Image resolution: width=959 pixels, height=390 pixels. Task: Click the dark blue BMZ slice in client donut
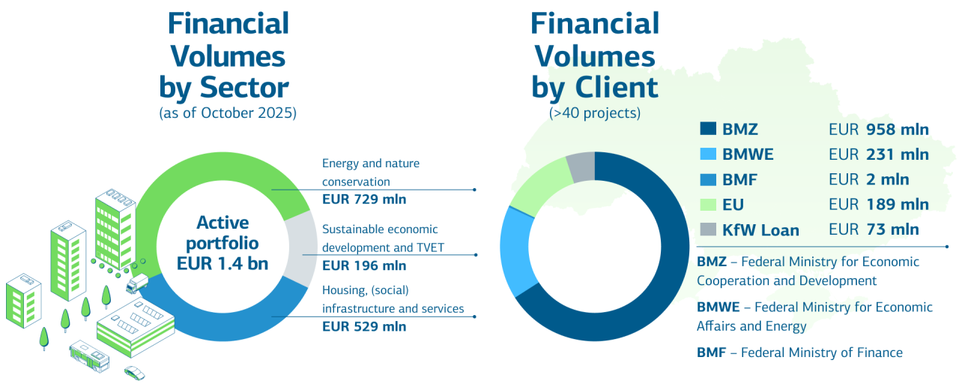pos(659,285)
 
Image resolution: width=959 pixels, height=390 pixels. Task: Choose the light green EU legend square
pos(707,205)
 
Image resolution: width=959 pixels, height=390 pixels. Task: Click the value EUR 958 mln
pos(878,130)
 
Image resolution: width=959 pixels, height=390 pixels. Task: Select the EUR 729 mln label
pos(364,200)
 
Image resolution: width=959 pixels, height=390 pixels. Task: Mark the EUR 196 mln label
pos(364,265)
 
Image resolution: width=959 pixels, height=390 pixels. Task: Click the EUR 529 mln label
pos(364,326)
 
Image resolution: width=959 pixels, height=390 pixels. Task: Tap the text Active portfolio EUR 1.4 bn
pos(223,243)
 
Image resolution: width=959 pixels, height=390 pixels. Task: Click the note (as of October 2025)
pos(228,114)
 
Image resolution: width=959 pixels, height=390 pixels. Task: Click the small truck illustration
pos(137,284)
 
